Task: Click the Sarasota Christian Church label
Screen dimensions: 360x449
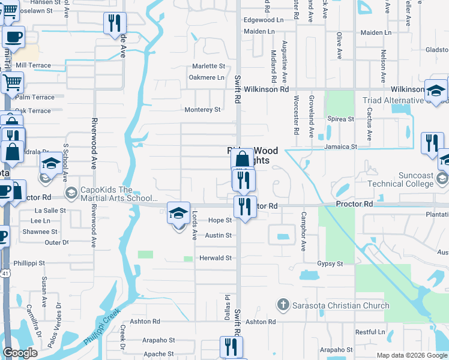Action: (x=337, y=305)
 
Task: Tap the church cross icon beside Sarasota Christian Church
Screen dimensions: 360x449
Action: (x=283, y=305)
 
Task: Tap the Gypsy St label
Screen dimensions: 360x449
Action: (x=330, y=264)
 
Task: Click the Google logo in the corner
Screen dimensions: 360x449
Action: (x=20, y=353)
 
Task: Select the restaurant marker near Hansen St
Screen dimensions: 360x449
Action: (x=114, y=23)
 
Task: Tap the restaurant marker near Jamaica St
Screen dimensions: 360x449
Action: (x=432, y=143)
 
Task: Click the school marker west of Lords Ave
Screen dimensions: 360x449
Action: (x=178, y=213)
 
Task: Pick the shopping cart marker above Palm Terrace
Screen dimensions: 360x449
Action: (x=12, y=82)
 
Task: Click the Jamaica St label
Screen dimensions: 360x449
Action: (x=340, y=146)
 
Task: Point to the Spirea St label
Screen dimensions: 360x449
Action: (x=342, y=119)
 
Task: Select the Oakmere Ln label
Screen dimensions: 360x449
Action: (x=206, y=77)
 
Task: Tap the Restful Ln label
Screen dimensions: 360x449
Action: (x=370, y=332)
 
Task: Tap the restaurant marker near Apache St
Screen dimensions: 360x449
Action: (x=229, y=346)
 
